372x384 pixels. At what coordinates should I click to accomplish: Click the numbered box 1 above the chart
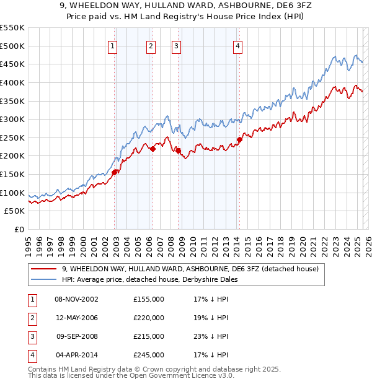(x=113, y=45)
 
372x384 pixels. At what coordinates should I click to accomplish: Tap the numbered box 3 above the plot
(x=176, y=45)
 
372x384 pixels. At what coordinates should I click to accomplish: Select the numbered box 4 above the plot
(x=238, y=45)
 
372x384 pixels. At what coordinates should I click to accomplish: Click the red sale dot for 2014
(x=239, y=139)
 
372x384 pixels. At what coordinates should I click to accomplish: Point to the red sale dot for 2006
(x=153, y=148)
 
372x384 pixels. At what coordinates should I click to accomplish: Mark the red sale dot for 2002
(x=115, y=172)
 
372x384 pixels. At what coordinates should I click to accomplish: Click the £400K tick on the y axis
(x=12, y=82)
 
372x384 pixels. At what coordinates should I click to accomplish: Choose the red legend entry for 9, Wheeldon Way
(x=190, y=269)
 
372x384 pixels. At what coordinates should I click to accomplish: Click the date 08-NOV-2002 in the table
(x=77, y=299)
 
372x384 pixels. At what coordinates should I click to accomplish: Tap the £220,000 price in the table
(x=149, y=318)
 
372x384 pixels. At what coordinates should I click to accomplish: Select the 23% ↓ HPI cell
(x=211, y=336)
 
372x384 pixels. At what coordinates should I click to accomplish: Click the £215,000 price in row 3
(x=149, y=336)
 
